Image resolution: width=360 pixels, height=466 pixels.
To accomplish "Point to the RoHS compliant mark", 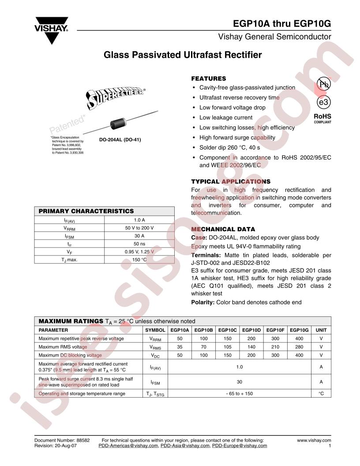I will click(x=322, y=119).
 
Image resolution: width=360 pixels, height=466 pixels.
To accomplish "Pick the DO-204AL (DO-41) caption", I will click(x=120, y=140).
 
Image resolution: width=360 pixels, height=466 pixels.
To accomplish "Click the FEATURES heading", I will click(x=208, y=79).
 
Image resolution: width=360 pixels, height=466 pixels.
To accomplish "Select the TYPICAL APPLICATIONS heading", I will click(x=231, y=181).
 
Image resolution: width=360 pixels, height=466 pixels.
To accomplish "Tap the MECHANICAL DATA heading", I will click(x=223, y=229).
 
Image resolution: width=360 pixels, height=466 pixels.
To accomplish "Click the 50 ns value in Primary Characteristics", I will click(x=139, y=244).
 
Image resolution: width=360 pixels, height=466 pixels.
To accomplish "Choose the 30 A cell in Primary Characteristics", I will click(x=139, y=236).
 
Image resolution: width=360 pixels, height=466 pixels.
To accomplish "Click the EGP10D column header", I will click(x=251, y=330).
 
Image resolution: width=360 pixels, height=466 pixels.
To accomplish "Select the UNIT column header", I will click(x=321, y=330).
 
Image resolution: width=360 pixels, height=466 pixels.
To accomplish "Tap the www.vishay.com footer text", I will click(x=314, y=440).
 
